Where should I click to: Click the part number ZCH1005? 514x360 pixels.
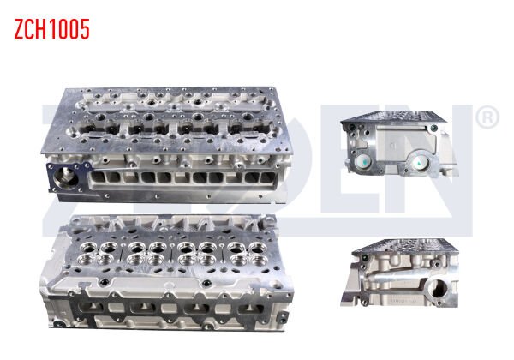tap(51, 29)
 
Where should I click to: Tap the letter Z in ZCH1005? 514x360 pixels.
tap(19, 29)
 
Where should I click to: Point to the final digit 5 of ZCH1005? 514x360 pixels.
tap(83, 29)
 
